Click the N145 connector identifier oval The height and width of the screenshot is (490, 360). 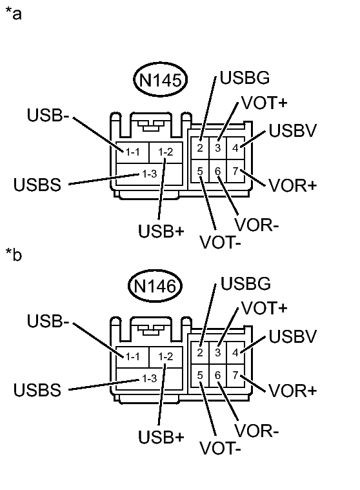pos(160,79)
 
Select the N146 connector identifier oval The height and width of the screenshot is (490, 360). pos(155,285)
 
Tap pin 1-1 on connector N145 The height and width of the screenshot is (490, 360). pos(132,152)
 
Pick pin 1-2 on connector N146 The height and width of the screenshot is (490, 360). pos(165,356)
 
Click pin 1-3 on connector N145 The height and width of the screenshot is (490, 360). pos(149,174)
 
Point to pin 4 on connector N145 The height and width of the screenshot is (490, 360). pos(235,148)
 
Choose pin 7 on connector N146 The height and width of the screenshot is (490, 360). pos(235,375)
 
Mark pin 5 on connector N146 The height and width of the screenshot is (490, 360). pos(200,375)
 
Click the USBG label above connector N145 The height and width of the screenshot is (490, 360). pos(245,77)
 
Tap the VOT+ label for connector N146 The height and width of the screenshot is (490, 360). pos(264,308)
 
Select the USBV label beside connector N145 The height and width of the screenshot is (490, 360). pos(293,130)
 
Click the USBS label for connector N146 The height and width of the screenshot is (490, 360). pos(37,390)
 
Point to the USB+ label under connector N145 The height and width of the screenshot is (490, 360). pos(161,231)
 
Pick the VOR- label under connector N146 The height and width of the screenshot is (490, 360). pos(257,431)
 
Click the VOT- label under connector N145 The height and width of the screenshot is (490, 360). pos(221,243)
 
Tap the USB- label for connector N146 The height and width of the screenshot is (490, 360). pos(48,321)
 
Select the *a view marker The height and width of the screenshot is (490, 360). pos(14,14)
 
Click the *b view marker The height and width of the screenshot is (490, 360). pos(14,254)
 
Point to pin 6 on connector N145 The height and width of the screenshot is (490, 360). pos(217,171)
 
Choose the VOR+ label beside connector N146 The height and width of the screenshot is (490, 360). pos(293,391)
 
